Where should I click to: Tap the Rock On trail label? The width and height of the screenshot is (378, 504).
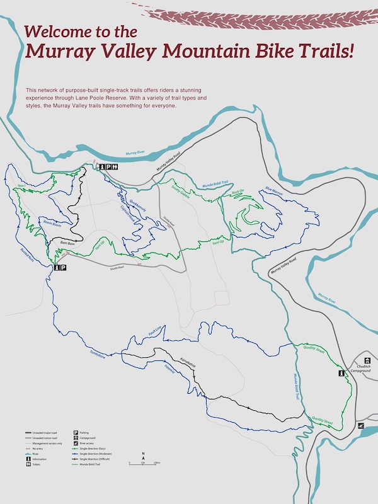click(238, 192)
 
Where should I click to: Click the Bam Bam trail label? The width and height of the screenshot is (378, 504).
click(67, 243)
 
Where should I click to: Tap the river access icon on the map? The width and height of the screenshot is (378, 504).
click(361, 426)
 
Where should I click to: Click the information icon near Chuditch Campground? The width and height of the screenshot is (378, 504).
click(341, 374)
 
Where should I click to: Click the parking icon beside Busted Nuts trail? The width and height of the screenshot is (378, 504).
click(64, 268)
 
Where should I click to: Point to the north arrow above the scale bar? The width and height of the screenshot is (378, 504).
click(144, 455)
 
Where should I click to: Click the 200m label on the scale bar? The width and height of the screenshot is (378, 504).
click(157, 463)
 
